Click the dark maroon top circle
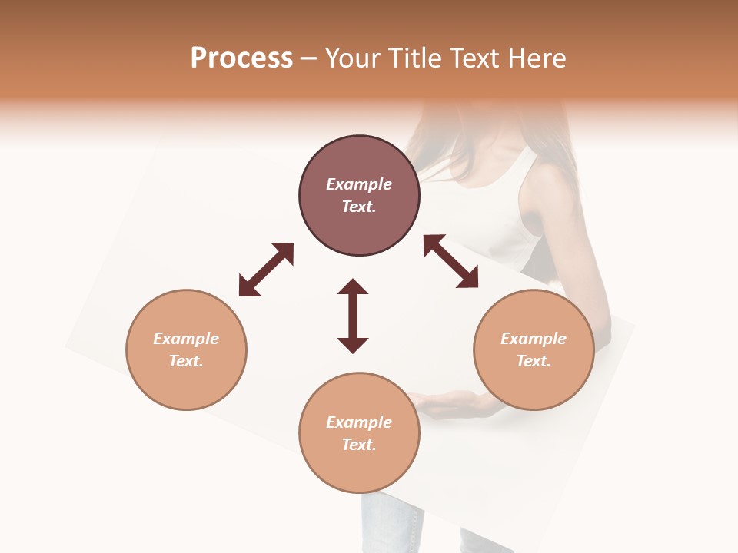[359, 196]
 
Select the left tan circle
[186, 350]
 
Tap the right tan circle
[534, 350]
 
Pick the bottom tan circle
[359, 433]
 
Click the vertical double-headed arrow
[353, 316]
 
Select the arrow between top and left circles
[266, 270]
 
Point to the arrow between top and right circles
[451, 261]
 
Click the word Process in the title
[241, 58]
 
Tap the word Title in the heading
[414, 58]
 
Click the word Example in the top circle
[359, 184]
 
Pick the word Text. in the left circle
[186, 361]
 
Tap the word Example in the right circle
[534, 339]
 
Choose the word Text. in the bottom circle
[359, 445]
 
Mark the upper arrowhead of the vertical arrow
[353, 288]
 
